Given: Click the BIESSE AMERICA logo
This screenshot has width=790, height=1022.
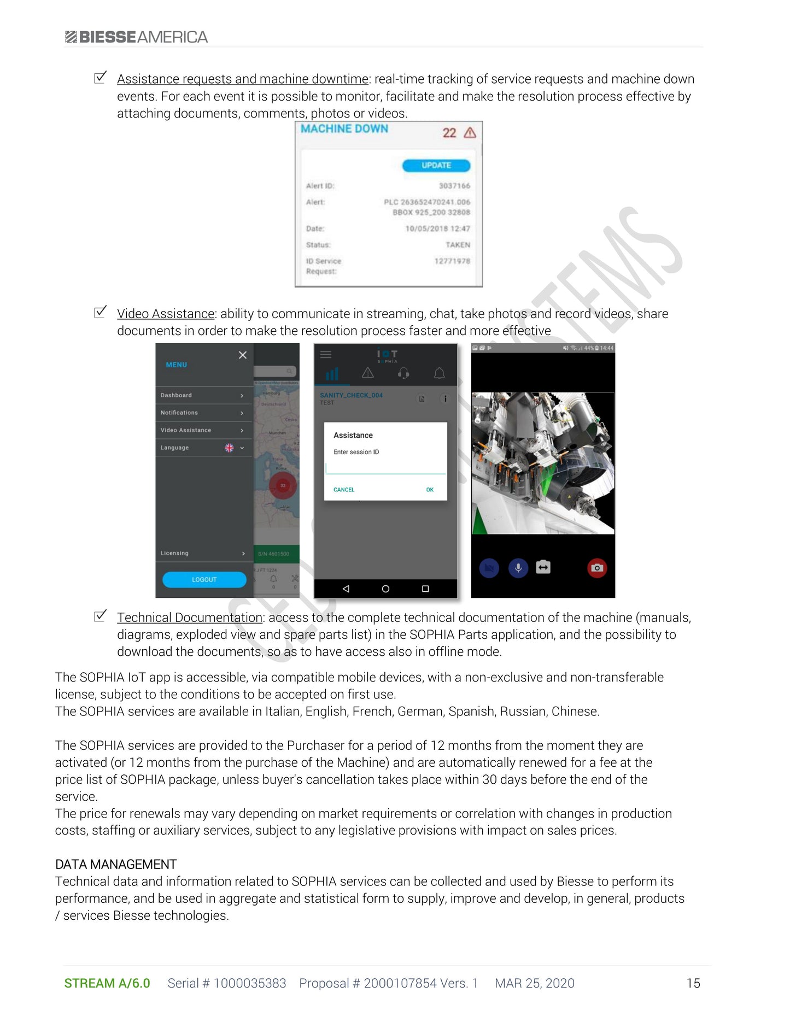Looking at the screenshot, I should pyautogui.click(x=136, y=37).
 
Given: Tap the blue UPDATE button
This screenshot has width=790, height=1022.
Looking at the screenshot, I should pyautogui.click(x=436, y=165).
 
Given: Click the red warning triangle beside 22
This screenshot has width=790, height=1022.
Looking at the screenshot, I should pyautogui.click(x=470, y=133).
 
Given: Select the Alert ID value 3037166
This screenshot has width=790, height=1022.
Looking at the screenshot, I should pyautogui.click(x=454, y=186).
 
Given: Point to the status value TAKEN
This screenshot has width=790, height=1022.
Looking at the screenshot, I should pyautogui.click(x=458, y=245).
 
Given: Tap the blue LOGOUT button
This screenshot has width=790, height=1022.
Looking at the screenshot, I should pyautogui.click(x=204, y=579).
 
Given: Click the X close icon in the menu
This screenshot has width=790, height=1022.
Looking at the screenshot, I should pyautogui.click(x=243, y=355).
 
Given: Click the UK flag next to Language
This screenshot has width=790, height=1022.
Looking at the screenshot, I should pyautogui.click(x=229, y=448).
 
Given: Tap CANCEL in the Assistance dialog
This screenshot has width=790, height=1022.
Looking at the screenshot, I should pyautogui.click(x=344, y=490).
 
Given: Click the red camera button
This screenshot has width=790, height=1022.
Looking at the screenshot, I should pyautogui.click(x=597, y=568).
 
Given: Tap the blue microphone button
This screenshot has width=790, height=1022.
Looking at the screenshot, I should pyautogui.click(x=518, y=568).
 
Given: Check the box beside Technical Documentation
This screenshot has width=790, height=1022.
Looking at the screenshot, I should pyautogui.click(x=100, y=616).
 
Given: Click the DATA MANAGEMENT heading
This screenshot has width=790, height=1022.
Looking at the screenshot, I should pyautogui.click(x=116, y=864).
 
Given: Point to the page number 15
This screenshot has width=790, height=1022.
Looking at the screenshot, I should pyautogui.click(x=693, y=983).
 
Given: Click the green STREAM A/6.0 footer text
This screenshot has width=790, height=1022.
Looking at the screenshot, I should pyautogui.click(x=107, y=983).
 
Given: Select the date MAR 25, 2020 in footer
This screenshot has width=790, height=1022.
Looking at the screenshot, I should pyautogui.click(x=534, y=983).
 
